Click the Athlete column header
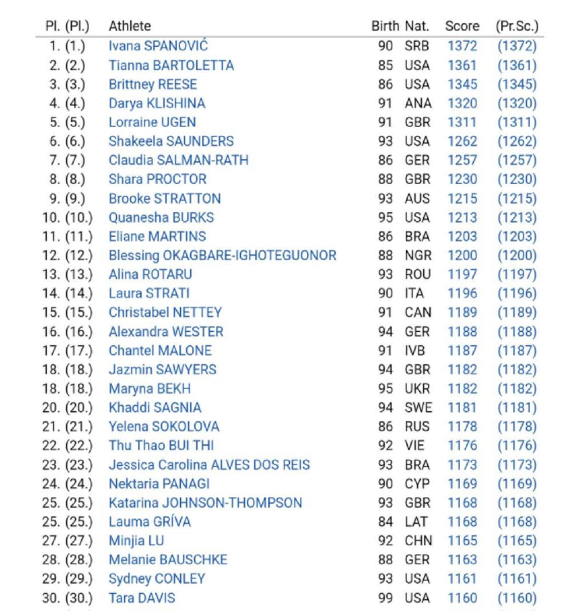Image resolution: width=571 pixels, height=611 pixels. (130, 26)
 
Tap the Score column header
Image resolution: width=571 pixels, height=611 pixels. (462, 26)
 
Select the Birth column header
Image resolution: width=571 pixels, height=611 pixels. (385, 26)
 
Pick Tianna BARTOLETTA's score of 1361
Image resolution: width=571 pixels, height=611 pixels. (462, 65)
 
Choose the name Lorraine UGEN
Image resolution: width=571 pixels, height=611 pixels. (152, 122)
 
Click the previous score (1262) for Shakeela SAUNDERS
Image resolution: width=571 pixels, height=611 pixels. (517, 141)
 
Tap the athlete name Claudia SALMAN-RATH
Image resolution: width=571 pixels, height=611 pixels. (179, 160)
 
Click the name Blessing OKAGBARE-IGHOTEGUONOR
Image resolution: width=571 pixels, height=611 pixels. (223, 255)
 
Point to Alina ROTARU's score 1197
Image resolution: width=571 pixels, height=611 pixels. (462, 274)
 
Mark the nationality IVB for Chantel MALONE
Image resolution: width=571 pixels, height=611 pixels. (415, 350)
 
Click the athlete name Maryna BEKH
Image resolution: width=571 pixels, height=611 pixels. (150, 389)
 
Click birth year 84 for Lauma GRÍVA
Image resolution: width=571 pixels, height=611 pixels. (385, 521)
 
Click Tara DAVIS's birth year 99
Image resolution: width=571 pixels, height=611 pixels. (385, 598)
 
